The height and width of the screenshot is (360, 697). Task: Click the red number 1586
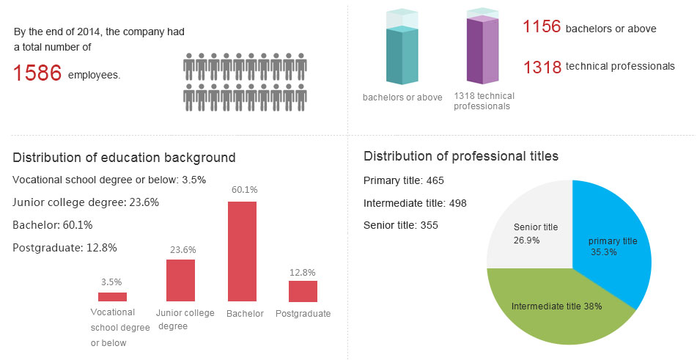pyautogui.click(x=37, y=73)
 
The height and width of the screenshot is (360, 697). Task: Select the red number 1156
pyautogui.click(x=542, y=28)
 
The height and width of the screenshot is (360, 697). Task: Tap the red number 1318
pyautogui.click(x=542, y=67)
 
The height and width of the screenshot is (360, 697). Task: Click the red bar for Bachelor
pyautogui.click(x=242, y=251)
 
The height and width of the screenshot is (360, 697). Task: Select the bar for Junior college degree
pyautogui.click(x=180, y=280)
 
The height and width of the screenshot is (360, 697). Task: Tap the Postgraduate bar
pyautogui.click(x=303, y=291)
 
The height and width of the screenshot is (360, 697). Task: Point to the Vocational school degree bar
pyautogui.click(x=112, y=297)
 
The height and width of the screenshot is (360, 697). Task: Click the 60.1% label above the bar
pyautogui.click(x=242, y=190)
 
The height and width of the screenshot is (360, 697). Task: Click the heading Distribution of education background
pyautogui.click(x=124, y=158)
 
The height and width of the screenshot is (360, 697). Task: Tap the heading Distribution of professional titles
pyautogui.click(x=461, y=156)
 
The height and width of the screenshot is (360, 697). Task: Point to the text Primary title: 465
pyautogui.click(x=404, y=180)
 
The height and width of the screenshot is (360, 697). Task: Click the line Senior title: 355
pyautogui.click(x=401, y=225)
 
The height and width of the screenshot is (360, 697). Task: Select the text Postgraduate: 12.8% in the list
pyautogui.click(x=64, y=248)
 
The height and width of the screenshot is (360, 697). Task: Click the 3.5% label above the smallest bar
pyautogui.click(x=112, y=282)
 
